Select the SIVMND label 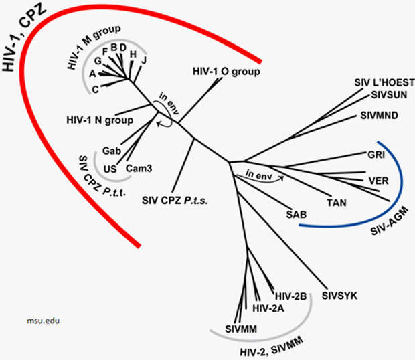tap(379, 115)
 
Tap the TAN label tap(337, 202)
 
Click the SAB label tap(296, 215)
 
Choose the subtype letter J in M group tap(143, 60)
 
